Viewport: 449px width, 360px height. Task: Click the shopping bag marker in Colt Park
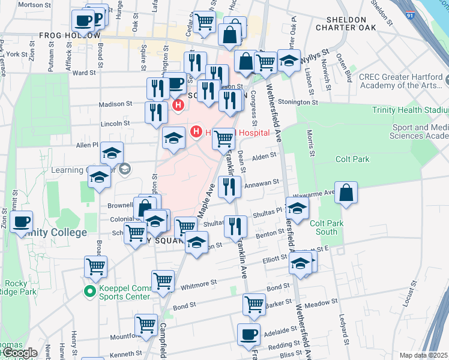click(x=346, y=193)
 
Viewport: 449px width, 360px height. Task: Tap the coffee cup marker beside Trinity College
click(x=22, y=221)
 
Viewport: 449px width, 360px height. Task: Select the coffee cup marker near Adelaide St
click(x=248, y=335)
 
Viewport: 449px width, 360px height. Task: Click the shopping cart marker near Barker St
click(x=254, y=304)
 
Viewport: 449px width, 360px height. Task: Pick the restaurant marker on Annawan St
click(x=229, y=187)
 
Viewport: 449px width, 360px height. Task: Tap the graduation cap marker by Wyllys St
click(x=289, y=61)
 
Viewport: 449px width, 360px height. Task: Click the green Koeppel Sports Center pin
click(x=89, y=292)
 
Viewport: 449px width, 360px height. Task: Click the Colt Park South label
click(x=326, y=227)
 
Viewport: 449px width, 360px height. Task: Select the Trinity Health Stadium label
click(x=410, y=110)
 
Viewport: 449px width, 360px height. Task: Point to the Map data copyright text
click(x=423, y=355)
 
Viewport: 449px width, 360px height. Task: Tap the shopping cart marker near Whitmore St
click(x=163, y=281)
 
